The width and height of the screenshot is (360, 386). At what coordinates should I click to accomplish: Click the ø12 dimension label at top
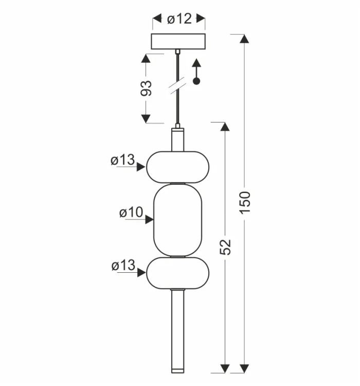coord(179,19)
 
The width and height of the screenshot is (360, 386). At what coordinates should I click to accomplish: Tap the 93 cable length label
coord(146,88)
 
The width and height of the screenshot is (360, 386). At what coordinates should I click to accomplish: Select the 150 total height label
coord(245,202)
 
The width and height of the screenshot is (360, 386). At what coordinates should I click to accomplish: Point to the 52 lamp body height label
coord(225,247)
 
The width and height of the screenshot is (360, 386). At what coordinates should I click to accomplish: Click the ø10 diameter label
coord(131,212)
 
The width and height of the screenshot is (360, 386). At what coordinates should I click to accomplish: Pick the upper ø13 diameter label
coord(122,160)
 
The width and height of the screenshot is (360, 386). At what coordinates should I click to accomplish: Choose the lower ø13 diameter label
coord(123,265)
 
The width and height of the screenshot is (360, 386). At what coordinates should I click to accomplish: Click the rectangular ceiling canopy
coord(178,41)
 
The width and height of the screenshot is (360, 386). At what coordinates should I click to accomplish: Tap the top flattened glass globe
coord(177,167)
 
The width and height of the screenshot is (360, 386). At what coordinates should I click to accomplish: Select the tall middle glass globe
coord(177,220)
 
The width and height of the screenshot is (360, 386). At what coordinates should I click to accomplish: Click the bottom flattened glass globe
coord(177,273)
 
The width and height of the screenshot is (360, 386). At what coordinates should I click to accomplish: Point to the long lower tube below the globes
coord(177,331)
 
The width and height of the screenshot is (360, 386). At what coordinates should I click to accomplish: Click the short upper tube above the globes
coord(177,139)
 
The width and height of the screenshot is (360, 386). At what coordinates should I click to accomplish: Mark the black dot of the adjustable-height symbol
coord(196,81)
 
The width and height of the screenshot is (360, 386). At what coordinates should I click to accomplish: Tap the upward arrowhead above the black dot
coord(196,63)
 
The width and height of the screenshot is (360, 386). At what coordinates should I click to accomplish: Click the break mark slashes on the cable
coord(177,85)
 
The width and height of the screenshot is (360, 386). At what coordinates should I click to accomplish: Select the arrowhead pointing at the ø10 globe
coord(149,219)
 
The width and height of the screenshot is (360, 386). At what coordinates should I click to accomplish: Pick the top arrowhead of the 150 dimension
coord(244,39)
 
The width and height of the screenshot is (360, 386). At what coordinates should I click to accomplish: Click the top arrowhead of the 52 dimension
coord(225,127)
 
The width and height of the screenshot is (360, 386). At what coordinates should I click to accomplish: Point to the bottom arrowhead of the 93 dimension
coord(146,119)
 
